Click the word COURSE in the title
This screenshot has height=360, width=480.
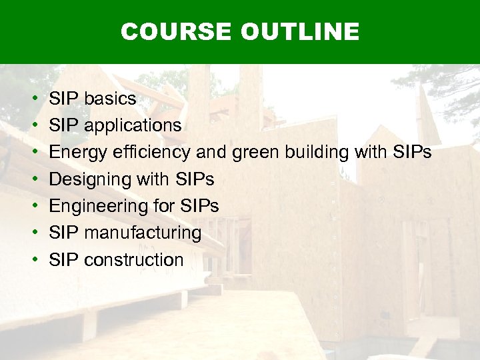(x=174, y=31)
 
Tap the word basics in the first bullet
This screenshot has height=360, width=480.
(x=109, y=99)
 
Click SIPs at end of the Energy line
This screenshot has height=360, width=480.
(x=413, y=153)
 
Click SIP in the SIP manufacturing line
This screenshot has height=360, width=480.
(x=64, y=233)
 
